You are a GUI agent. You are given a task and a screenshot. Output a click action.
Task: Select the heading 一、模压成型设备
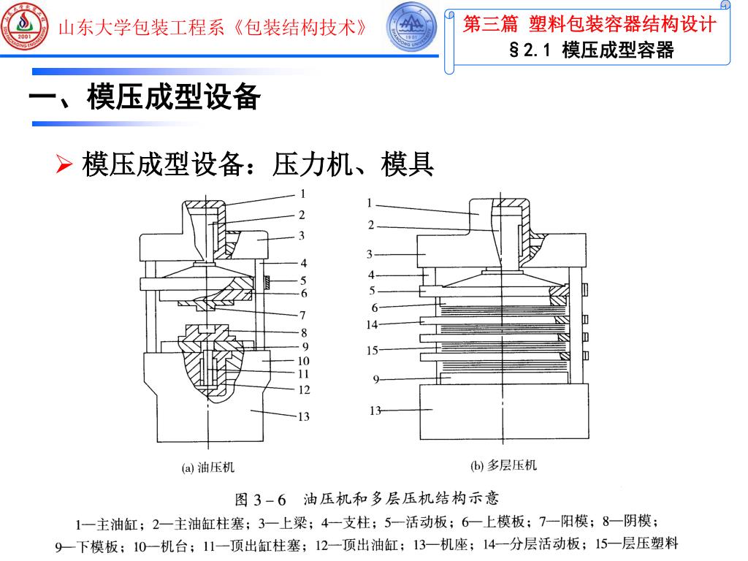[145, 97]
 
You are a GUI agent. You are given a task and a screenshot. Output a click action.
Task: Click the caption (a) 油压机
[208, 466]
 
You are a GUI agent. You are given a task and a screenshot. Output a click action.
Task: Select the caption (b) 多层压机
[504, 465]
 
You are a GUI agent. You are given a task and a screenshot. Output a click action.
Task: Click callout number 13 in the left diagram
[302, 417]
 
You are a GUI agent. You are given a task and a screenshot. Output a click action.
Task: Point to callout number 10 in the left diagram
[302, 361]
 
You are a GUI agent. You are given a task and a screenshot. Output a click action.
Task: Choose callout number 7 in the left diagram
[302, 316]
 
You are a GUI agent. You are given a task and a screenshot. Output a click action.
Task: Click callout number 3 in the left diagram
[301, 236]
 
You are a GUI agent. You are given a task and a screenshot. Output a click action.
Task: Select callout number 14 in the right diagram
[373, 324]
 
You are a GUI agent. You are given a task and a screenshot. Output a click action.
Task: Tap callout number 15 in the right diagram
[373, 351]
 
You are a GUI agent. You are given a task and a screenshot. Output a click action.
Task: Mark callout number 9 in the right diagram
[375, 379]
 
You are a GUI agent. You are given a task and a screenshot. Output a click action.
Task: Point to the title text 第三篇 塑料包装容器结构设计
[589, 24]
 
